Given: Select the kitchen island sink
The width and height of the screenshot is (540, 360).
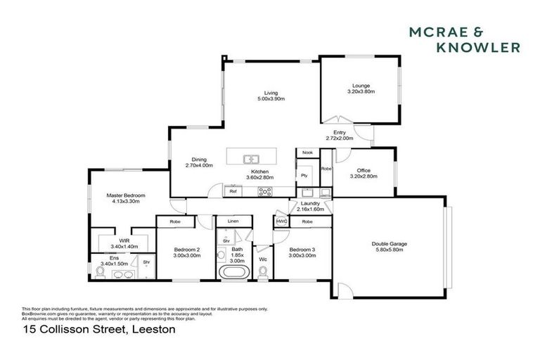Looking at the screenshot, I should tap(251, 159).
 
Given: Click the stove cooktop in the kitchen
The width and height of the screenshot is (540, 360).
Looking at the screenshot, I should tap(266, 191).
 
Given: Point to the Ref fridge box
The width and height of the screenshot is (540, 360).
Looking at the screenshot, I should tap(233, 191).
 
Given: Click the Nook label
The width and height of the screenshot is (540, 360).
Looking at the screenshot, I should tap(307, 153).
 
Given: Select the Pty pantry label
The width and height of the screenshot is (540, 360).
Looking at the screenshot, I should tap(304, 175).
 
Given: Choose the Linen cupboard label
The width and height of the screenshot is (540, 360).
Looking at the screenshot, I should tap(233, 221).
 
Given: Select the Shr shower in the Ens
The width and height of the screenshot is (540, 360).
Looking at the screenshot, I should tap(146, 264).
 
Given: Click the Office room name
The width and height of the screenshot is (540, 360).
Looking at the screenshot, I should tap(363, 170).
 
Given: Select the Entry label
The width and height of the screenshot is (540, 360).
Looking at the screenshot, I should tap(340, 132).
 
